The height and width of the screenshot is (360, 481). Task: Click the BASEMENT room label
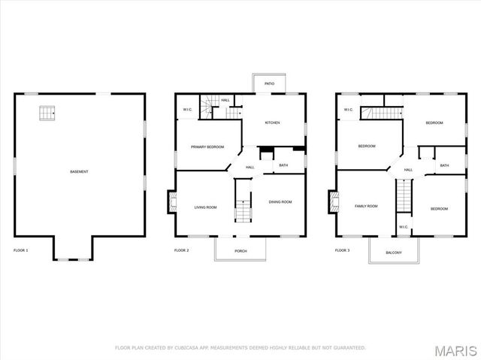click(x=79, y=172)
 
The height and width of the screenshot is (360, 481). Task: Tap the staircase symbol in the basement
click(x=48, y=113)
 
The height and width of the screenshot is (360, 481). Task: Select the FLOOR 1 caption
click(x=21, y=250)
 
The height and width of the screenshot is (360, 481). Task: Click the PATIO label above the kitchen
click(x=269, y=84)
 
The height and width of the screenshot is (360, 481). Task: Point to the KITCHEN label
click(x=272, y=123)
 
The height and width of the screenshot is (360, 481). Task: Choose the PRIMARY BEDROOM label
click(x=207, y=147)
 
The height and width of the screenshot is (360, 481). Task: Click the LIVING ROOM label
click(x=206, y=207)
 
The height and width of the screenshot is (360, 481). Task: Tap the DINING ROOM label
click(x=280, y=201)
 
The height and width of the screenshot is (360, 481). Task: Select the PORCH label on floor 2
click(x=240, y=250)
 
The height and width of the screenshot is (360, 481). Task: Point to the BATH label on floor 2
click(x=283, y=165)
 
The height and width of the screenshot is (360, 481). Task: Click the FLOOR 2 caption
click(x=182, y=250)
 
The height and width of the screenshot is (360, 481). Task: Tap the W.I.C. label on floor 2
click(x=187, y=110)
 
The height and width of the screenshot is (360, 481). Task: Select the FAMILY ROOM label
click(x=366, y=205)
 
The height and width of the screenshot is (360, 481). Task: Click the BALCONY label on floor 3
click(x=393, y=253)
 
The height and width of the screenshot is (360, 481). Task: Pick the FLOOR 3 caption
click(x=343, y=250)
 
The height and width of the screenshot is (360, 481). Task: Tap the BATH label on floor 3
click(x=444, y=165)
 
